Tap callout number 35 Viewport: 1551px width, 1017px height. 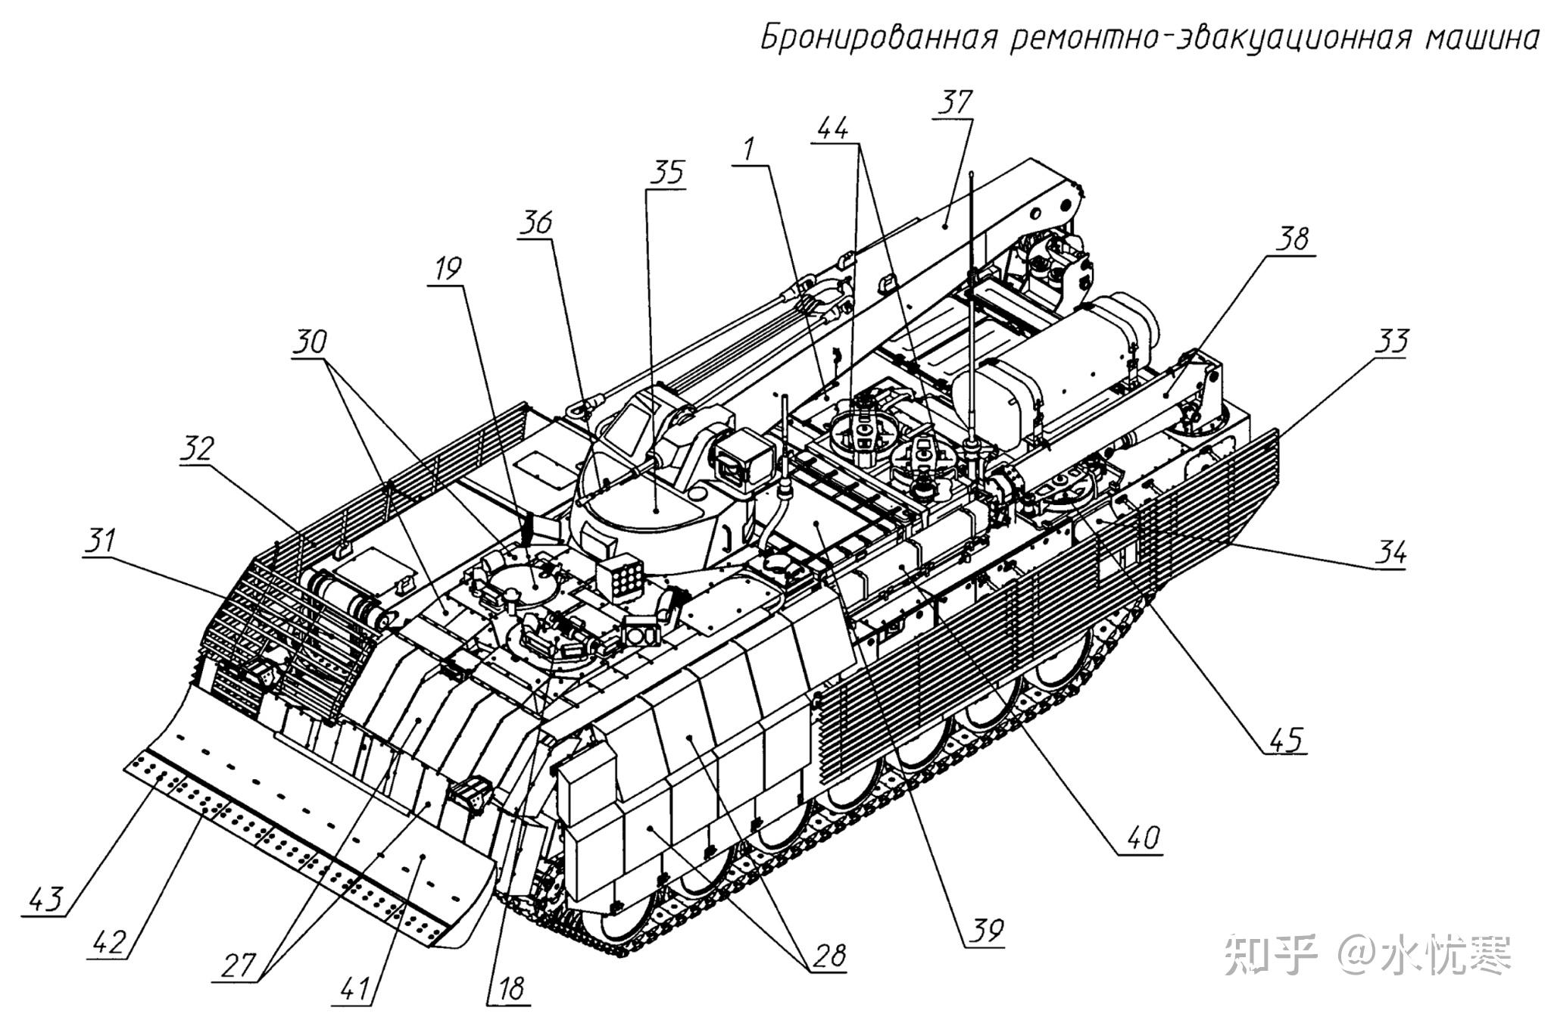pyautogui.click(x=667, y=173)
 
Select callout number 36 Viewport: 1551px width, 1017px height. pyautogui.click(x=536, y=223)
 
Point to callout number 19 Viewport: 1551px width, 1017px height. pyautogui.click(x=448, y=268)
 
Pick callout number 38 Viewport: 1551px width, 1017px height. pyautogui.click(x=1292, y=239)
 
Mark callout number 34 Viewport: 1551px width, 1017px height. pyautogui.click(x=1390, y=552)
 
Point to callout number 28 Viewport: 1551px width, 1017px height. pyautogui.click(x=829, y=955)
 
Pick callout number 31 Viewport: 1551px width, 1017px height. pyautogui.click(x=101, y=541)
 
